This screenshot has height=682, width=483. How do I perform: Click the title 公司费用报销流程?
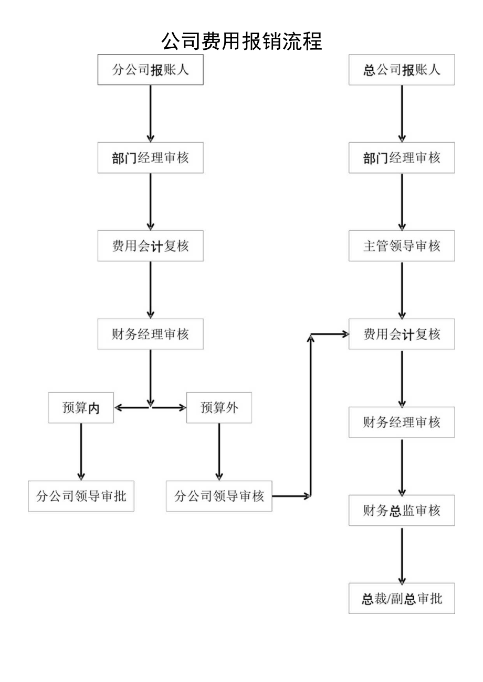click(x=241, y=41)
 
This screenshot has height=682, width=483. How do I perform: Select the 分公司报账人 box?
click(x=150, y=70)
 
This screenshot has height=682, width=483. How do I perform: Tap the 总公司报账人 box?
click(x=402, y=70)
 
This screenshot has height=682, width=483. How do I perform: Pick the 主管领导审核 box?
click(x=402, y=246)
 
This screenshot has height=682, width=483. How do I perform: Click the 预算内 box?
click(x=81, y=407)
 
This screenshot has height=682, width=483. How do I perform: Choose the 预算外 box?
click(x=219, y=407)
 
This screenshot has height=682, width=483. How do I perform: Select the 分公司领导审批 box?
click(x=81, y=496)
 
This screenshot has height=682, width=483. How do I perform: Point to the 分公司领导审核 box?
click(x=219, y=496)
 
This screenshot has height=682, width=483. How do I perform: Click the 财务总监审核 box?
click(x=402, y=511)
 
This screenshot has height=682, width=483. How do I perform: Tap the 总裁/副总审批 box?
click(x=402, y=599)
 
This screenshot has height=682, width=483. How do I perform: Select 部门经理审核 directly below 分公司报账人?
click(x=150, y=158)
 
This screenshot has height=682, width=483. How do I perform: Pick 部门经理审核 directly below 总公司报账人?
click(x=402, y=158)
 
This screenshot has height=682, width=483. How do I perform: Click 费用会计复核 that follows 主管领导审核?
click(x=402, y=334)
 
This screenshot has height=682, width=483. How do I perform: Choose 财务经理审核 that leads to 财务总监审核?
click(x=402, y=422)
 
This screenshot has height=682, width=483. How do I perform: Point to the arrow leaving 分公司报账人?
click(x=150, y=113)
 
